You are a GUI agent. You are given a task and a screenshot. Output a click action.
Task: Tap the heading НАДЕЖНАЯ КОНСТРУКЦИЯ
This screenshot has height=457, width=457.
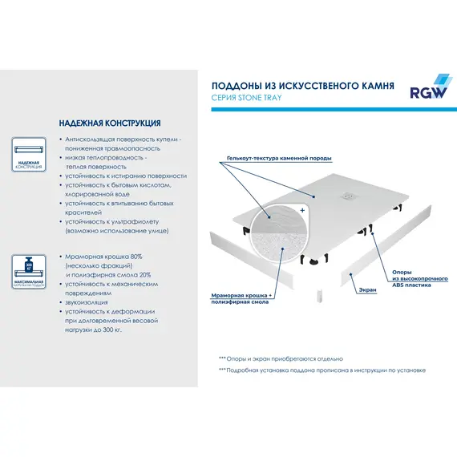pyautogui.click(x=110, y=124)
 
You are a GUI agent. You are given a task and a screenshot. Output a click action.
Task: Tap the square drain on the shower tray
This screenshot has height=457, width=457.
pyautogui.click(x=350, y=192)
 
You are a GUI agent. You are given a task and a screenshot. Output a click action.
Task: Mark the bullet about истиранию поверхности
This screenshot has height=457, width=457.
pyautogui.click(x=127, y=176)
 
